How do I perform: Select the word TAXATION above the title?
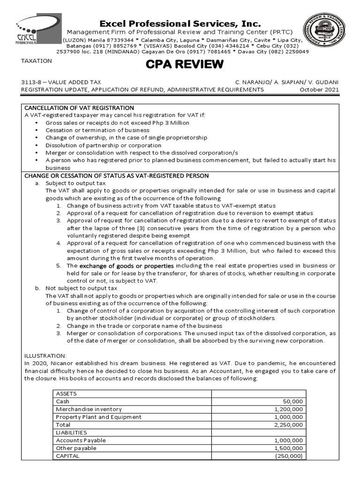pyautogui.click(x=35, y=61)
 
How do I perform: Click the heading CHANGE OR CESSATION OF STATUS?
pyautogui.click(x=117, y=176)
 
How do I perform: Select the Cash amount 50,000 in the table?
pyautogui.click(x=293, y=402)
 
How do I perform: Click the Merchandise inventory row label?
pyautogui.click(x=89, y=409)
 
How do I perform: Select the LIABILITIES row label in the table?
pyautogui.click(x=71, y=433)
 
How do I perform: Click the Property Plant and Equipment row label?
pyautogui.click(x=98, y=417)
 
